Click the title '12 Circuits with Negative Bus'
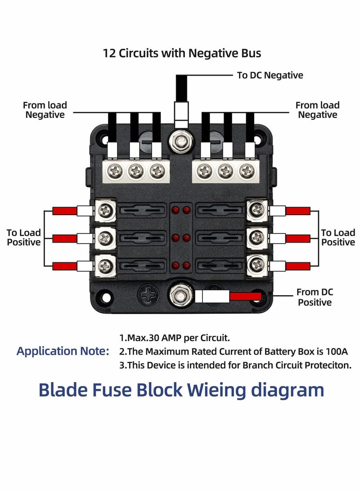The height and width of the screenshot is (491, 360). click(x=182, y=53)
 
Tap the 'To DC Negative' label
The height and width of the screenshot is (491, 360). click(x=270, y=75)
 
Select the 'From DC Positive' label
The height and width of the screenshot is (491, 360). click(x=315, y=297)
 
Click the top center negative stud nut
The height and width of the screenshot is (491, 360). click(x=181, y=141)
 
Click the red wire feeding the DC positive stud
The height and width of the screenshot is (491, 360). click(x=245, y=296)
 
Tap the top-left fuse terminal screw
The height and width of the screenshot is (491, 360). click(x=106, y=209)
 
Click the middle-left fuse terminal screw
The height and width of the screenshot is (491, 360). click(x=106, y=236)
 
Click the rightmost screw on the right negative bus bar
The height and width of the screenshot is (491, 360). click(x=246, y=171)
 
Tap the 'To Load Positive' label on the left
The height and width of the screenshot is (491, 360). click(x=23, y=238)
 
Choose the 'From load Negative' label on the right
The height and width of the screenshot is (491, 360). click(x=317, y=110)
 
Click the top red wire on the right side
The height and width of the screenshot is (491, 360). click(x=298, y=211)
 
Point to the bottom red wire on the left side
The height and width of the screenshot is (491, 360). click(x=65, y=266)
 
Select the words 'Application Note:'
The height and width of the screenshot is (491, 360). click(x=63, y=351)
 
